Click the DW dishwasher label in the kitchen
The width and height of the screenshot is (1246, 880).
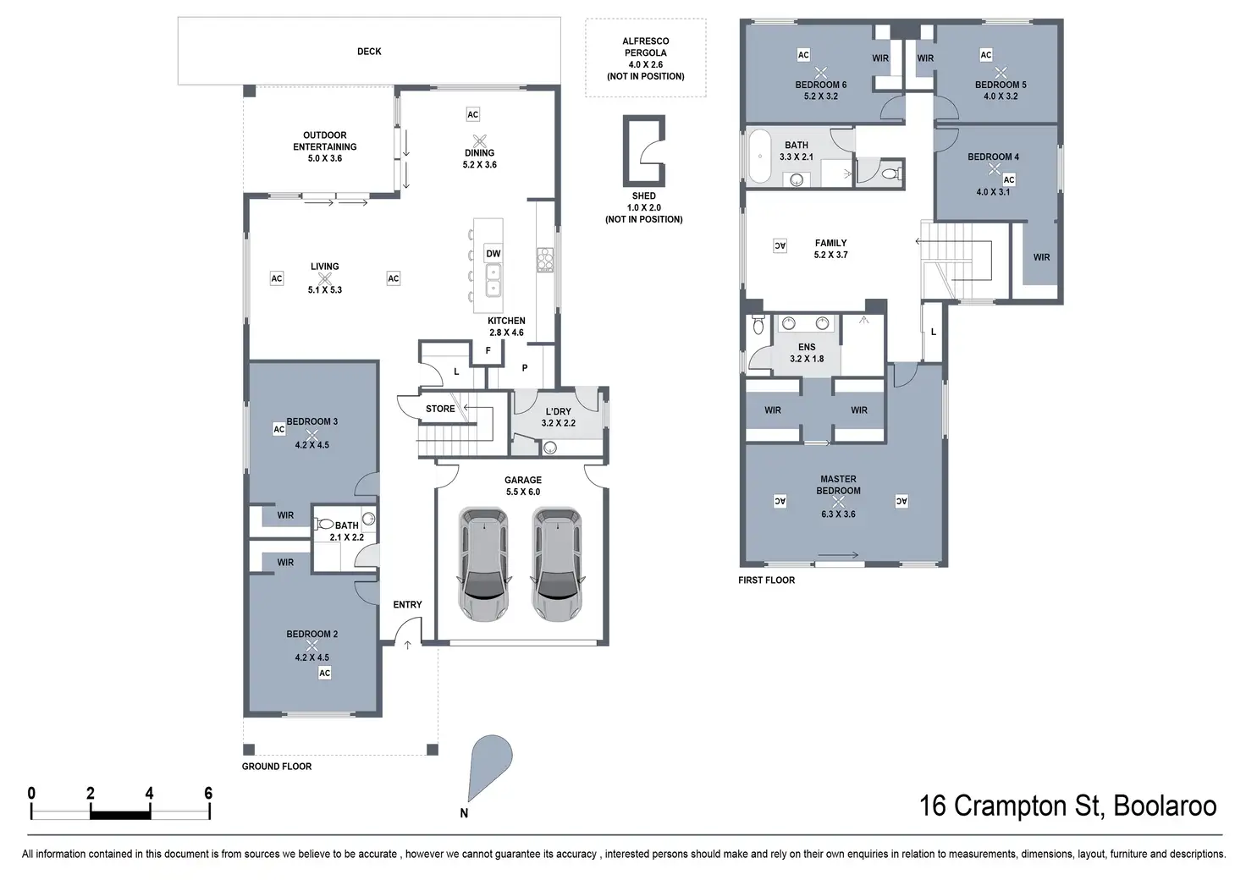(x=493, y=254)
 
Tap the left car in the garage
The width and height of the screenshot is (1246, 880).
(x=483, y=564)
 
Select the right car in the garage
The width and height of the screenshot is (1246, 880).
(x=557, y=564)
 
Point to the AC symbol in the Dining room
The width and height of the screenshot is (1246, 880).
(x=473, y=114)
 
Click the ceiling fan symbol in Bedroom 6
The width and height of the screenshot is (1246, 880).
(x=820, y=73)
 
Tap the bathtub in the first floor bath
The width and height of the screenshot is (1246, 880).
(x=758, y=157)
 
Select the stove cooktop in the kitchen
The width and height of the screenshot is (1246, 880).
(x=544, y=260)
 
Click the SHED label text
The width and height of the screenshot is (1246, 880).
(x=643, y=195)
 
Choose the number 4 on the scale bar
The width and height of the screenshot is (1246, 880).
(x=149, y=794)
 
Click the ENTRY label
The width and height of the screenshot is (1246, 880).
(x=407, y=604)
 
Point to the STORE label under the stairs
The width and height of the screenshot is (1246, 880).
(x=440, y=409)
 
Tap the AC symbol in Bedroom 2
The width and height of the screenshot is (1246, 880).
(x=324, y=674)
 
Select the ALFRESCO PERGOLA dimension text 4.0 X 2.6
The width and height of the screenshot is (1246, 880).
(x=645, y=64)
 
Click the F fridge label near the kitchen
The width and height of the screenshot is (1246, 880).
(x=488, y=350)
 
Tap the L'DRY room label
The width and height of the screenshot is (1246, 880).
(x=558, y=411)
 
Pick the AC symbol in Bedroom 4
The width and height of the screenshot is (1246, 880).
(x=1009, y=179)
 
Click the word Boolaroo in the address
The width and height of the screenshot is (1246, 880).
(x=1165, y=806)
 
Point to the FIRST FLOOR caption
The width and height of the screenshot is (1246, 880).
(x=767, y=580)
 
